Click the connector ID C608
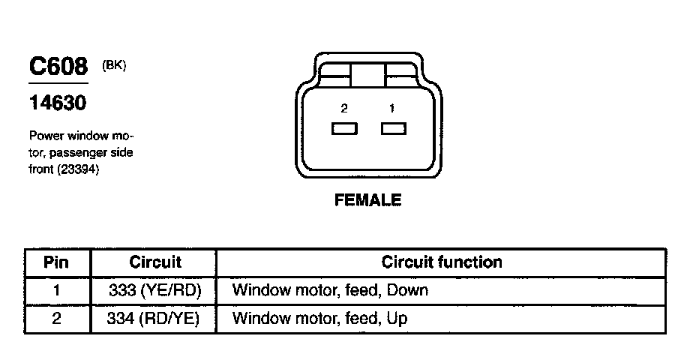[58, 67]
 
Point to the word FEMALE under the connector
[367, 200]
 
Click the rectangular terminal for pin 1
[393, 129]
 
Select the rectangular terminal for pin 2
[344, 129]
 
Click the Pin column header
[57, 262]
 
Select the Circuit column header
[155, 262]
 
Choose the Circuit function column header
[442, 262]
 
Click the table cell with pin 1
[57, 290]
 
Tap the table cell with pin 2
[57, 319]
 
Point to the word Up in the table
[397, 319]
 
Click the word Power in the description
[45, 136]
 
